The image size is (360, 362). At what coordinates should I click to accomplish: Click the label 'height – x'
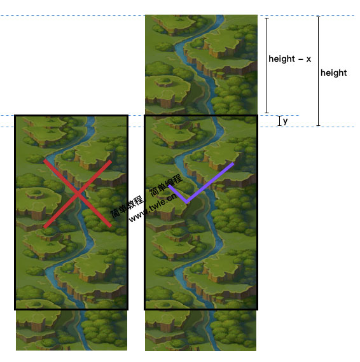(289, 59)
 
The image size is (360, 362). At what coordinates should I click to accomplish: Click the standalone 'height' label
(333, 73)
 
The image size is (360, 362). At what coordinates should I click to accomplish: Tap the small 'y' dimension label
(286, 122)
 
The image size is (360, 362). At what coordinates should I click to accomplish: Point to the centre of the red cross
(78, 194)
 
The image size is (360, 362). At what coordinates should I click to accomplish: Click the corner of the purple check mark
(186, 202)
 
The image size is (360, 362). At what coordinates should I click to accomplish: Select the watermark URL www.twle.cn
(153, 207)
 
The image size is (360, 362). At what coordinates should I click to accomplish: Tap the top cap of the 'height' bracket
(318, 17)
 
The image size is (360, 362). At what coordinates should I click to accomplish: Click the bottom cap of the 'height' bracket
(318, 125)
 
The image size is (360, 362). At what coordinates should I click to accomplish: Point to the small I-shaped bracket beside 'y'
(279, 121)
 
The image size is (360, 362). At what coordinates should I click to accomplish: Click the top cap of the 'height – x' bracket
(267, 18)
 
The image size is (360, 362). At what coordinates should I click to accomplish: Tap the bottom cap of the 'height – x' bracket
(267, 113)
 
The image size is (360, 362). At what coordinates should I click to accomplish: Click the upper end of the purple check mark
(233, 164)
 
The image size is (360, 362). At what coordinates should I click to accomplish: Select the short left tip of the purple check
(169, 186)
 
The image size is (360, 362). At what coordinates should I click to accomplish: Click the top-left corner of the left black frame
(15, 115)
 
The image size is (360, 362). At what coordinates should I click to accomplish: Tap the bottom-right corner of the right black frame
(258, 309)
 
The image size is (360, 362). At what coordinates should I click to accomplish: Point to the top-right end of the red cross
(111, 161)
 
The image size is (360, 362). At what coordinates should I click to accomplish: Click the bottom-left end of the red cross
(45, 227)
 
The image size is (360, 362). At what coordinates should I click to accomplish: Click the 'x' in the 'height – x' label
(308, 60)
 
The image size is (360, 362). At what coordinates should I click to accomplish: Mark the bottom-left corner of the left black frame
(15, 309)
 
